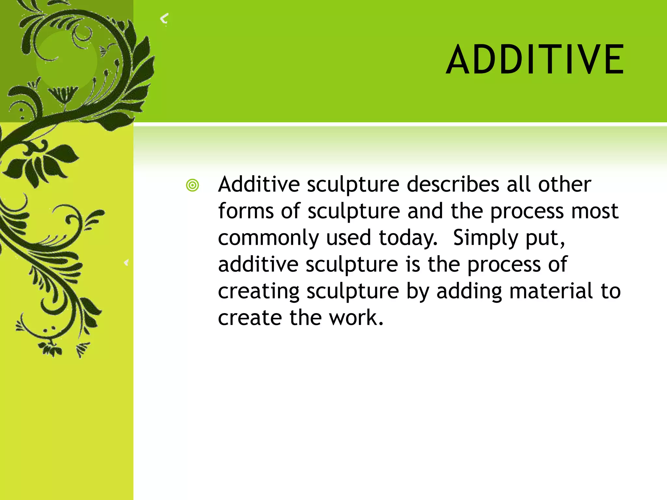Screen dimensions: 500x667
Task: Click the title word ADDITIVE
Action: [x=535, y=60]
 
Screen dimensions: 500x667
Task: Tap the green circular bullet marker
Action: [x=192, y=186]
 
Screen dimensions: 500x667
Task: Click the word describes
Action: [x=453, y=185]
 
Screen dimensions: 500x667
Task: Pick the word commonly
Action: [x=268, y=238]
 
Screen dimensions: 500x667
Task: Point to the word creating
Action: [x=259, y=291]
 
